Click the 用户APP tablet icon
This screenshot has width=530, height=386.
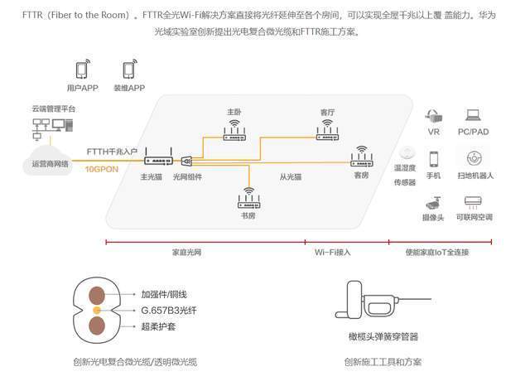tap(83, 69)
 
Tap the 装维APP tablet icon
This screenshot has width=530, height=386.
tap(130, 69)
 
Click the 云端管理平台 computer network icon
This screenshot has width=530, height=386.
tap(52, 128)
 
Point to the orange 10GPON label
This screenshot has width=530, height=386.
tap(101, 169)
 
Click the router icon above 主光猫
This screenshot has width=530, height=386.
tap(158, 157)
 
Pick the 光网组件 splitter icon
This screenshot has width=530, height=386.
tap(186, 162)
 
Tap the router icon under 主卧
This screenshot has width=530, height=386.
tap(234, 131)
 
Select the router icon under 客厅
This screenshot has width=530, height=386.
tap(327, 130)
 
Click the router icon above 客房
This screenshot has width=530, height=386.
tap(362, 157)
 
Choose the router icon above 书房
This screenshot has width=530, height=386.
tap(248, 198)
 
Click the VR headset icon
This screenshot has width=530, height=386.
tap(434, 116)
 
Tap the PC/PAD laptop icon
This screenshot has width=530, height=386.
tap(473, 115)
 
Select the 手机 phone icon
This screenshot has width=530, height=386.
tap(434, 159)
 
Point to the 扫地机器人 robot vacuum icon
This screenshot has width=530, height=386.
tap(475, 158)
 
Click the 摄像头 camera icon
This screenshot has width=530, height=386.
tap(433, 203)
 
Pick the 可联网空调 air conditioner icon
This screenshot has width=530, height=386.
tap(473, 202)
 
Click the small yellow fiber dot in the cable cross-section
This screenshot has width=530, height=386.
tap(97, 311)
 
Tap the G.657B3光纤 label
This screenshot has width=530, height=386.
tap(169, 311)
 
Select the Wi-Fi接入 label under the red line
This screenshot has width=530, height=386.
tap(333, 252)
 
